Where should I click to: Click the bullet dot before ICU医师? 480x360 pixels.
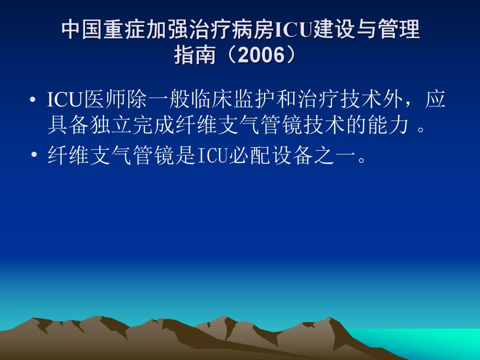click(x=33, y=100)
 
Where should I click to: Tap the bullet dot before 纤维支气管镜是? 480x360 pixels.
click(x=33, y=156)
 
